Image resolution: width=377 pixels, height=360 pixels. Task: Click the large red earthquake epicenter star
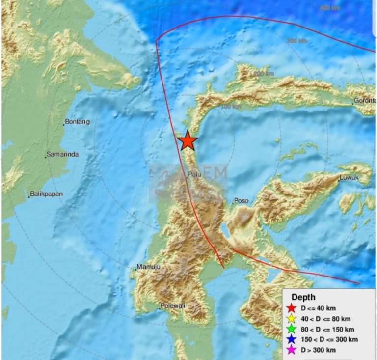tap(188, 141)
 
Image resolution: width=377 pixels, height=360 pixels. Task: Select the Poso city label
tap(241, 201)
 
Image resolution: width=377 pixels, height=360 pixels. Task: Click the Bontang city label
tap(78, 122)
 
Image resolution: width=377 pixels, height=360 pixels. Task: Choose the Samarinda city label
tap(62, 155)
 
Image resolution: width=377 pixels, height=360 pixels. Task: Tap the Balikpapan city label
tap(46, 194)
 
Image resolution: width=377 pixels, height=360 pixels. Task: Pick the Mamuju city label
tap(148, 267)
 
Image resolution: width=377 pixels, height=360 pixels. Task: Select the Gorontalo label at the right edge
tap(364, 101)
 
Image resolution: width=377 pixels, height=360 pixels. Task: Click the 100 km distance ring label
tap(231, 107)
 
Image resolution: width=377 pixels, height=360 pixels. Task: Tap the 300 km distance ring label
tap(296, 41)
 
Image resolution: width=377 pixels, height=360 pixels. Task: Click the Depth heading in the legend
tap(303, 297)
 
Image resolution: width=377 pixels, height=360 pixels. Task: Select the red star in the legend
tap(292, 308)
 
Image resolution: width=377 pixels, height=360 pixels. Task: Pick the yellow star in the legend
tap(292, 319)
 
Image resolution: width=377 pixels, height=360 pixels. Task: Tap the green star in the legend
tap(292, 329)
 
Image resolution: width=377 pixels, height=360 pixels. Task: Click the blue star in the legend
tap(292, 339)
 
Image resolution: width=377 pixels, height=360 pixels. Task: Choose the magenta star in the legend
tap(292, 350)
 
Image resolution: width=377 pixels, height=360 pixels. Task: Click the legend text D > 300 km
tap(319, 350)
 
